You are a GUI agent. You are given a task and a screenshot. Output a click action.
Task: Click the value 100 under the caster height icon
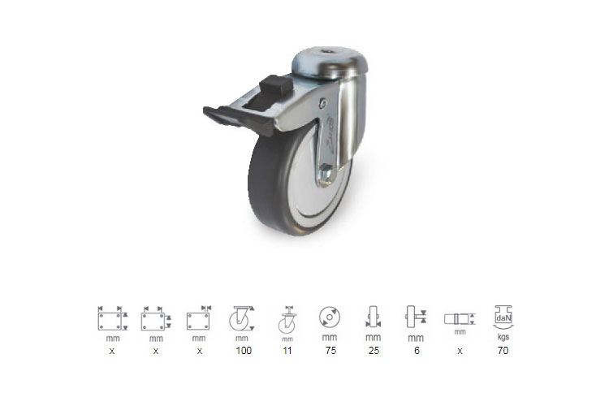click(x=244, y=351)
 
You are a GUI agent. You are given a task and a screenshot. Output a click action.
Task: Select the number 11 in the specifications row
click(x=287, y=351)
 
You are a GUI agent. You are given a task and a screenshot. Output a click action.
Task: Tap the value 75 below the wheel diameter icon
click(x=330, y=351)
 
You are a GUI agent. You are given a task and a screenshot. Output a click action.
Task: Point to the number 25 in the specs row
click(x=374, y=351)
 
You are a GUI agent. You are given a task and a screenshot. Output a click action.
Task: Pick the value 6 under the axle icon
click(x=417, y=351)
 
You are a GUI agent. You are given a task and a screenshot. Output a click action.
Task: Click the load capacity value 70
click(x=503, y=351)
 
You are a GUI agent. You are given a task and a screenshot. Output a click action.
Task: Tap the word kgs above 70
click(x=503, y=337)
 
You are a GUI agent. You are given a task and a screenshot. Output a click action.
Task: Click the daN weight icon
click(x=503, y=317)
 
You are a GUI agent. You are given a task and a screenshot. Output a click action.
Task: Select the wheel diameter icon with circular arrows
click(x=330, y=317)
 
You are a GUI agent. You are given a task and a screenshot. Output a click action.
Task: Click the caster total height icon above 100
click(x=242, y=318)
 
